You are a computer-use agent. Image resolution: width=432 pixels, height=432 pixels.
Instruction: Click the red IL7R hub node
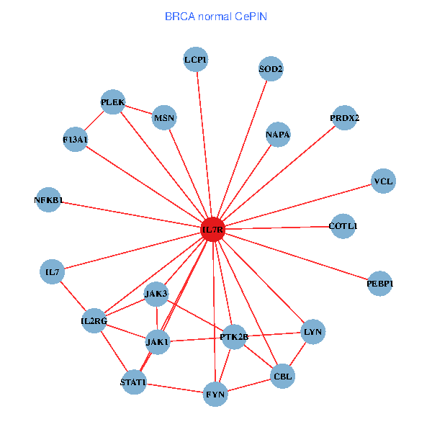tap(213, 230)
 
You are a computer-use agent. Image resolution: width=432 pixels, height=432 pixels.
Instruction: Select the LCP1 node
tap(195, 60)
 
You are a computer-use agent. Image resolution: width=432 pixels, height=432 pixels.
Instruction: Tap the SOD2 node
tap(271, 69)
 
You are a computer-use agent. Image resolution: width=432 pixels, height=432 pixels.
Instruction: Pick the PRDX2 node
tap(345, 117)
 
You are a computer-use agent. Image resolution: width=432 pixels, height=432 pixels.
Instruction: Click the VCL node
tap(383, 181)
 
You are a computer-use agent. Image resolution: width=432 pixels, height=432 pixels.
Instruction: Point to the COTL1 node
tap(343, 226)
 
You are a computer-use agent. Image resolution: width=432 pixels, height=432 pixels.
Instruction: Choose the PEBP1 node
tap(380, 284)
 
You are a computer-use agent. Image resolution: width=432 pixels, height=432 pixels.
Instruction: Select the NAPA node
tap(277, 135)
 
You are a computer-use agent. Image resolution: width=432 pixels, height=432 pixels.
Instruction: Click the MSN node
tap(164, 118)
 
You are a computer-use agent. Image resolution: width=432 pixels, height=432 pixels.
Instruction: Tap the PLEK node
tap(113, 102)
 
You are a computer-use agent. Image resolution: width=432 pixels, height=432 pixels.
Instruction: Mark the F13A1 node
tap(75, 139)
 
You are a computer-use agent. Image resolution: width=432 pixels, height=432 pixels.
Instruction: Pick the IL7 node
tap(52, 272)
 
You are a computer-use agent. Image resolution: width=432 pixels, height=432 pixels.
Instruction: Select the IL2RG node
tap(94, 320)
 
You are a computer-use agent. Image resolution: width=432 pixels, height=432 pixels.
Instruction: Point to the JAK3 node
tap(156, 294)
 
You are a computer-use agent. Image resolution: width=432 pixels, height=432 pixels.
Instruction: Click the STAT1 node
tap(133, 382)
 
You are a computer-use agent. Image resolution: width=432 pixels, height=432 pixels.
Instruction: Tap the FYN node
tap(215, 394)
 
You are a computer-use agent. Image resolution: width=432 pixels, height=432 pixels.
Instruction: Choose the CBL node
tap(282, 376)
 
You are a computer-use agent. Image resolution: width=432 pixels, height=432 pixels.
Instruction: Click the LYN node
tap(312, 332)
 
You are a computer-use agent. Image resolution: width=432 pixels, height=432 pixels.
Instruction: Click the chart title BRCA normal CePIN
tap(216, 16)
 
